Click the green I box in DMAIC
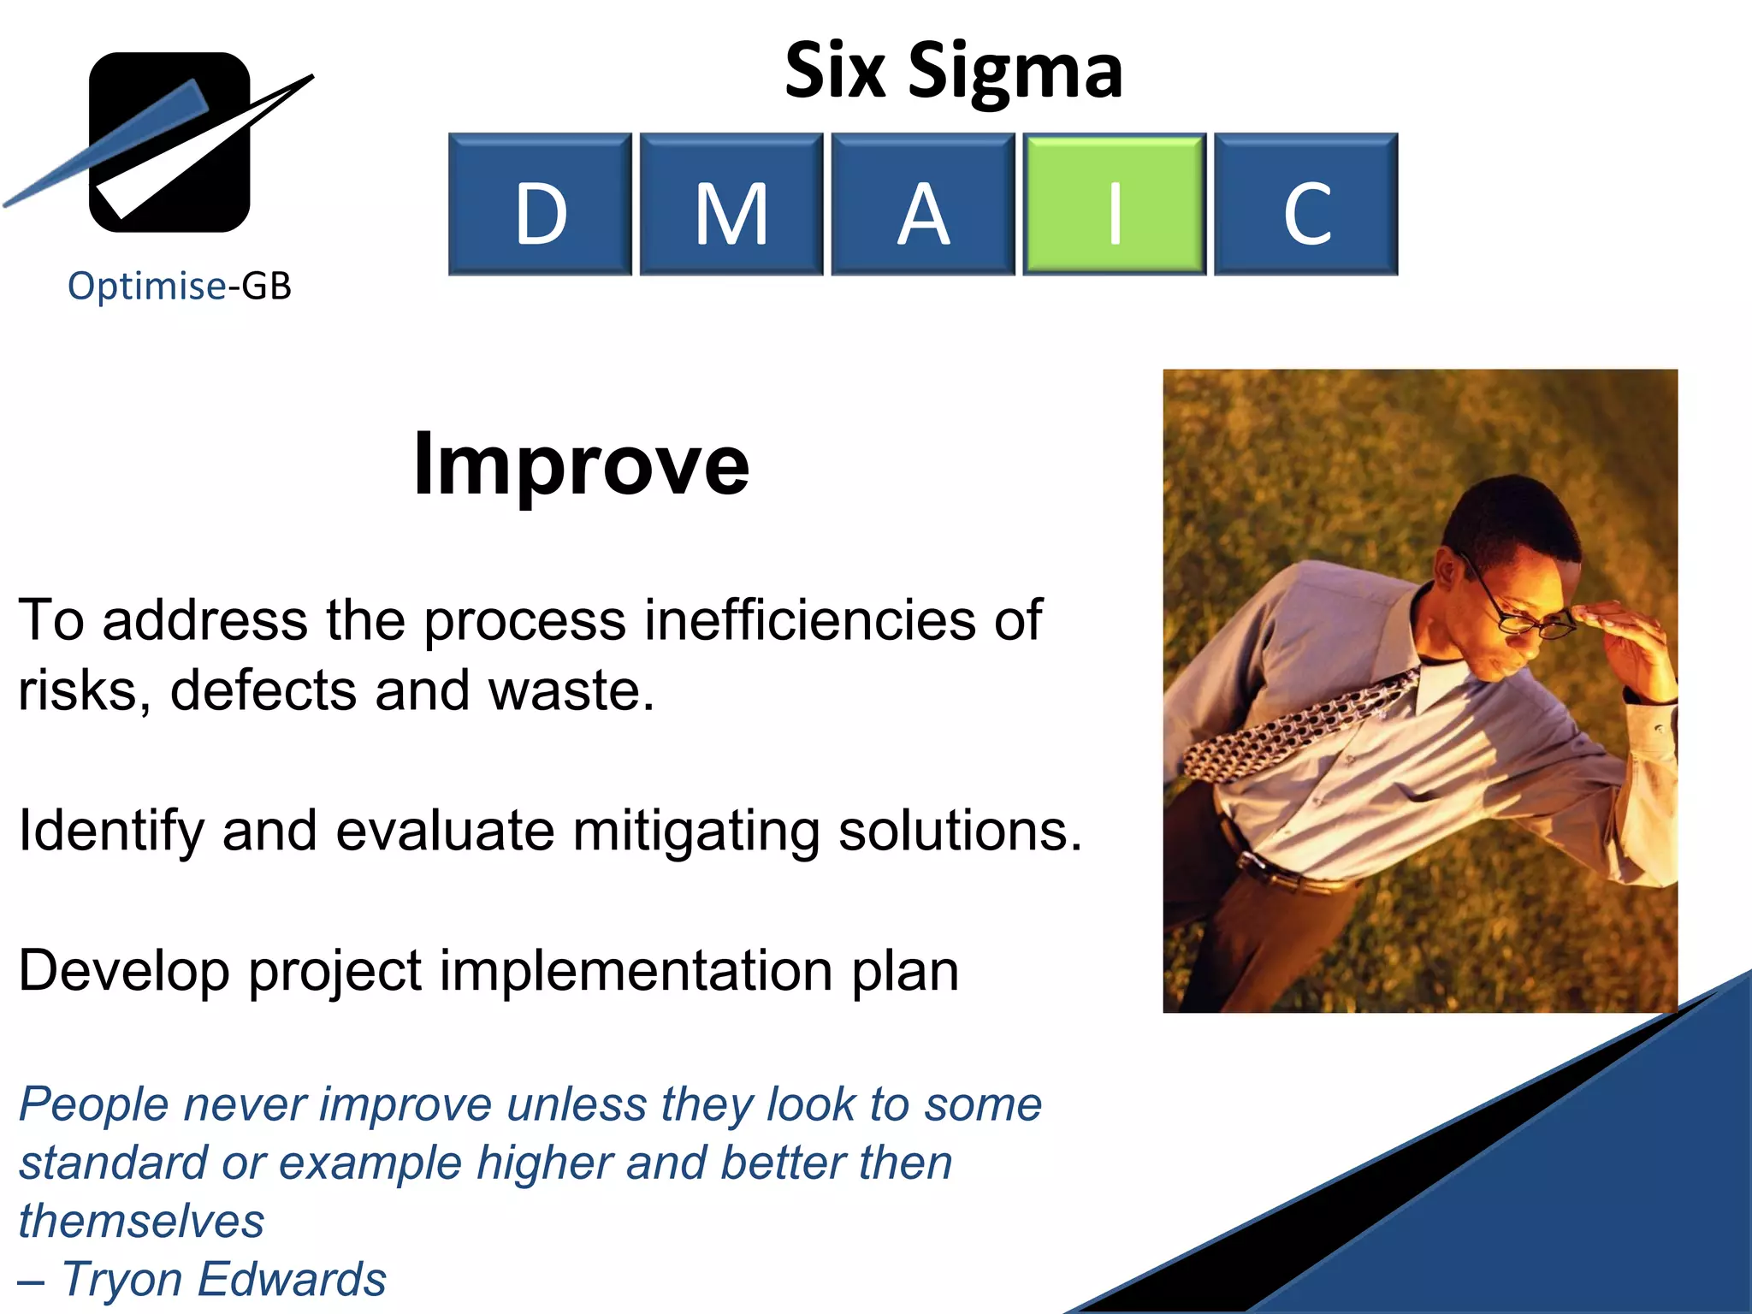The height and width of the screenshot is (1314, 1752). coord(1114,204)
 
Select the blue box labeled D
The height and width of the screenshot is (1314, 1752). coord(540,204)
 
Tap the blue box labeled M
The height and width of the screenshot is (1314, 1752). coord(731,204)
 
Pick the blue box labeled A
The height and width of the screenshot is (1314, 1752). coord(922,204)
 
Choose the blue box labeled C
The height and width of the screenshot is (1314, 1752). coord(1305,204)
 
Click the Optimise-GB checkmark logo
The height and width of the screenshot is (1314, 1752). coord(169,142)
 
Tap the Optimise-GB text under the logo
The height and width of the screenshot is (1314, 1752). coord(180,286)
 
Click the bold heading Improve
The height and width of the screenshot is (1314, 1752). coord(581,464)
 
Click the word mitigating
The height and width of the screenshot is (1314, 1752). coord(696,831)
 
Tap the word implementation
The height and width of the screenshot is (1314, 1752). coord(636,971)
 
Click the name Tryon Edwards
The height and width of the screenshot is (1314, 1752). coord(224,1280)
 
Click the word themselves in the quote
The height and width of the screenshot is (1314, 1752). coord(141,1221)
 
